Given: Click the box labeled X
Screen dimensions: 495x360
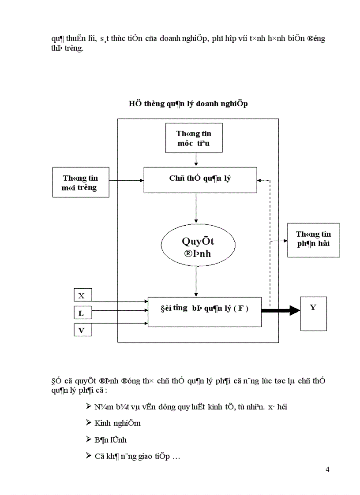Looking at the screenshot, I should [x=82, y=296].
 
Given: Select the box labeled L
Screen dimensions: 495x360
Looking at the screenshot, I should [x=82, y=313].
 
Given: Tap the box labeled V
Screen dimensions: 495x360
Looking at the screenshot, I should [x=82, y=330].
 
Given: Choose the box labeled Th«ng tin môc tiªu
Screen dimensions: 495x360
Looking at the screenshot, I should [x=193, y=137].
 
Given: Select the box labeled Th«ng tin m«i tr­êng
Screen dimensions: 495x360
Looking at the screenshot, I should [x=80, y=182].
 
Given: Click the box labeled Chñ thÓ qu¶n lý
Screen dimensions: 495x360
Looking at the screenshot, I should [x=200, y=179].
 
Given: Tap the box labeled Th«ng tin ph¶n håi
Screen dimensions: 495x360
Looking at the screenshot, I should [x=313, y=240].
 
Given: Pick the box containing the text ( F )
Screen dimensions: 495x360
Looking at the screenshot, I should [x=204, y=311].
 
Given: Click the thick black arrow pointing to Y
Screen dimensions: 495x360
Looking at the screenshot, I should [x=281, y=311].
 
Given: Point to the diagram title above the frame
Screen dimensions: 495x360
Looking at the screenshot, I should [x=188, y=104].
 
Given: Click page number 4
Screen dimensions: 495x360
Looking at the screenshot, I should [x=327, y=469].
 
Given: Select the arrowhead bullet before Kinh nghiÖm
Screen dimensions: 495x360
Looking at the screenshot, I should [x=89, y=422].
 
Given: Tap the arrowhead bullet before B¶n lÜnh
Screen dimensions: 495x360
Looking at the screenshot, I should [x=89, y=439].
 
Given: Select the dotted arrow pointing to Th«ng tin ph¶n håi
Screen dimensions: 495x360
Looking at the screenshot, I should [x=278, y=241].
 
